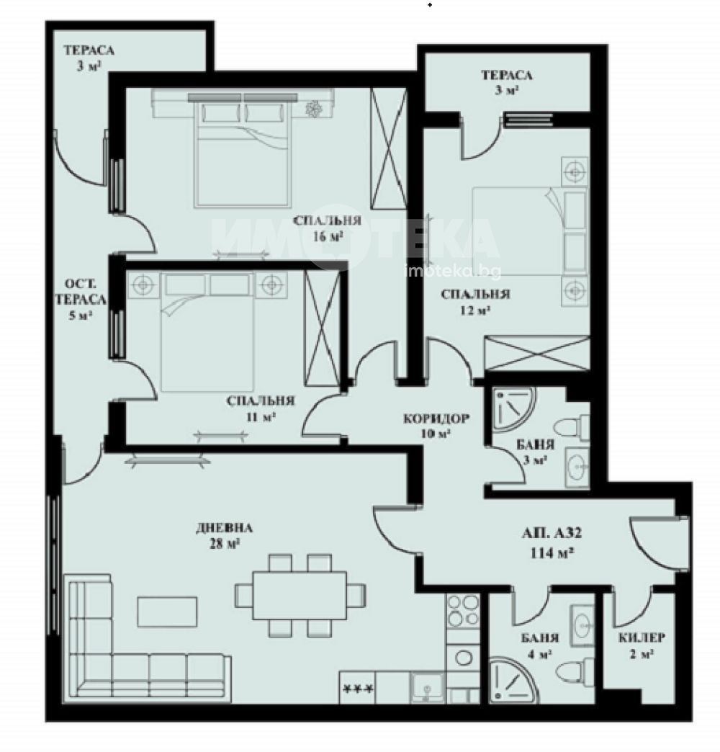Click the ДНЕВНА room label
[224, 528]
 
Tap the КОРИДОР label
[436, 418]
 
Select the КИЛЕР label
[642, 637]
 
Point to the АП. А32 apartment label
[552, 533]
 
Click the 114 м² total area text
[552, 553]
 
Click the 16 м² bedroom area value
[328, 236]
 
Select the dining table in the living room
[300, 595]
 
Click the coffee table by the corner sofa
[167, 612]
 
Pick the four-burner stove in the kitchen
[462, 611]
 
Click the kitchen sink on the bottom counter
[427, 686]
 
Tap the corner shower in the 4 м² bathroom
[513, 680]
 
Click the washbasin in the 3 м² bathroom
[577, 467]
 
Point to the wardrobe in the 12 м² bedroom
[537, 354]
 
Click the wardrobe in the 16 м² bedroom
[389, 148]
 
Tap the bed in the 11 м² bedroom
[207, 332]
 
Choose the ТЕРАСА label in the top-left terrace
[89, 50]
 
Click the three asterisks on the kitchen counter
[358, 689]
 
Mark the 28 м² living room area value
[224, 544]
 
